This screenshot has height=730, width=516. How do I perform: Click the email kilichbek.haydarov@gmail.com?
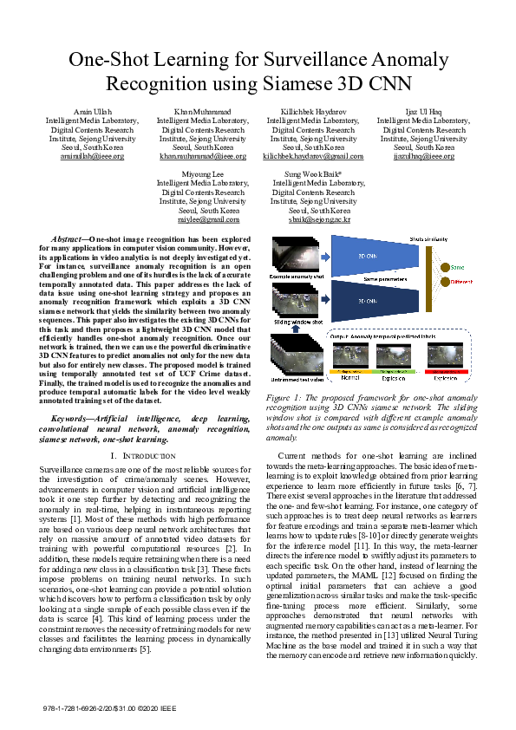(x=313, y=156)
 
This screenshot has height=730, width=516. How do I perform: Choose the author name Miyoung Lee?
(x=202, y=174)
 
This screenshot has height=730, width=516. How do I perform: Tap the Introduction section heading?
(x=143, y=455)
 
